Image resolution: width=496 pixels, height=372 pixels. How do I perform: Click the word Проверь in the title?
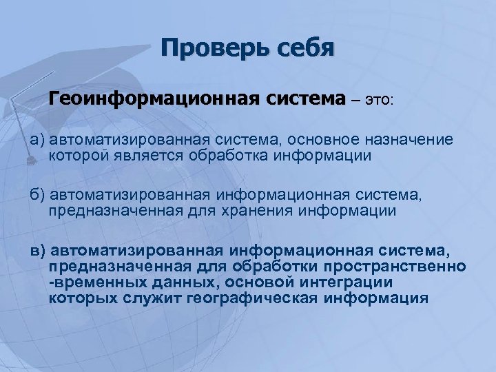point(210,49)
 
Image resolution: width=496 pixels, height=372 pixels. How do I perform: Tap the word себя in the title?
point(300,49)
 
